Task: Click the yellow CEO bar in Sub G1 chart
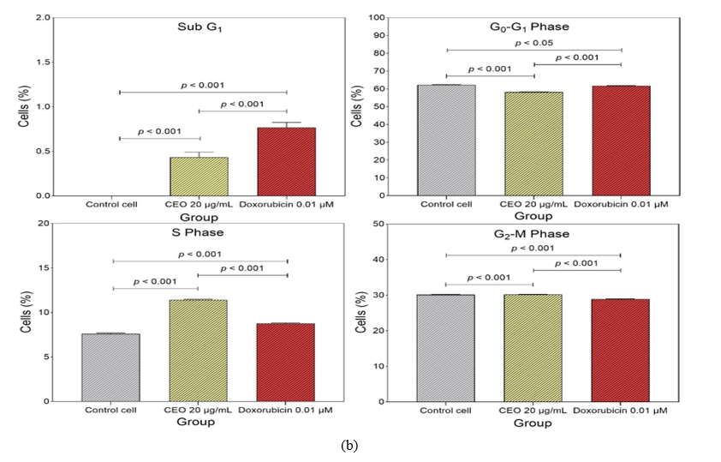199,177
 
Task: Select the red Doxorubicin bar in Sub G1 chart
286,162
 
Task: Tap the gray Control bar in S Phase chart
110,367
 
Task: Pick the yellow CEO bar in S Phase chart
199,351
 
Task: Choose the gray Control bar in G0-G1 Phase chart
446,140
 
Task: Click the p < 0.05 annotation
533,42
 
